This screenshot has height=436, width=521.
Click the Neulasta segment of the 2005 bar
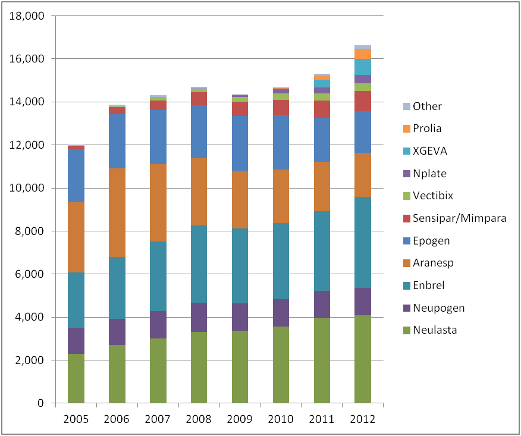click(x=76, y=378)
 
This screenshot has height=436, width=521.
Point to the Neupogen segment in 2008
click(x=199, y=317)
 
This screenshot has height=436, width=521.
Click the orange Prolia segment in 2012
click(x=363, y=54)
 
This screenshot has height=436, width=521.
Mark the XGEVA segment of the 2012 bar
click(x=363, y=67)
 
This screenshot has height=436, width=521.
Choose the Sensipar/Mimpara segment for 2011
click(x=322, y=109)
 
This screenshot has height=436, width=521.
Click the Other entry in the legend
click(x=428, y=106)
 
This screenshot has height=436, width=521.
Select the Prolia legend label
click(x=428, y=128)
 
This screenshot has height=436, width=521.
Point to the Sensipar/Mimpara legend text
click(x=459, y=218)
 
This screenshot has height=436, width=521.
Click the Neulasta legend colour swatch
click(x=406, y=330)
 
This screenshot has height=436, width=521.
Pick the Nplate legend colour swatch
click(x=406, y=174)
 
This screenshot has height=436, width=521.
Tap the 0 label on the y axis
click(x=40, y=403)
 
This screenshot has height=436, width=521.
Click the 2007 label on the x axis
click(x=158, y=419)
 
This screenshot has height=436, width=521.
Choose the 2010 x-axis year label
click(x=281, y=419)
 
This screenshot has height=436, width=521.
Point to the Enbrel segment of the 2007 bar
click(x=158, y=276)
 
